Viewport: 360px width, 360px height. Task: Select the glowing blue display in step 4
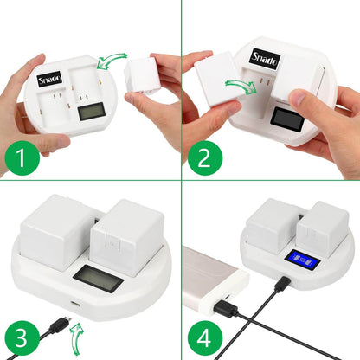304,260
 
